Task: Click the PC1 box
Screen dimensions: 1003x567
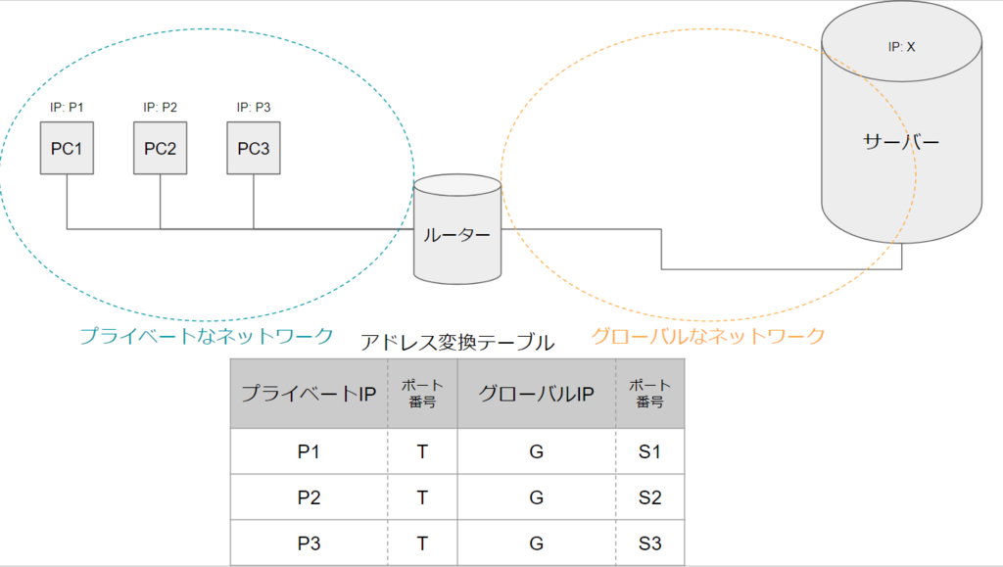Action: [x=67, y=148]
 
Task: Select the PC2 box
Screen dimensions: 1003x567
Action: [x=160, y=148]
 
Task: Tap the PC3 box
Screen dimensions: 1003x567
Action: [x=254, y=148]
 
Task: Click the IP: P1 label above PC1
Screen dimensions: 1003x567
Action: [x=67, y=107]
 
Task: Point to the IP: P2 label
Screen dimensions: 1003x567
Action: [x=160, y=107]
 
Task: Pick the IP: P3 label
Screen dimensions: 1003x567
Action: [x=254, y=107]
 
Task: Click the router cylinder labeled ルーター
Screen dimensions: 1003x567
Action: [x=457, y=229]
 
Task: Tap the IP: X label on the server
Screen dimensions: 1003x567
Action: [x=901, y=47]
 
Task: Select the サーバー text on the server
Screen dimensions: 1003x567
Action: [x=901, y=141]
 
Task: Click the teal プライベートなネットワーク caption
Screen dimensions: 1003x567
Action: [x=207, y=336]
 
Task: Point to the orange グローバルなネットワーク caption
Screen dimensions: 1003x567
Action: [x=707, y=336]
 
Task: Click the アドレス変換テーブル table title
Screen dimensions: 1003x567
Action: [x=457, y=343]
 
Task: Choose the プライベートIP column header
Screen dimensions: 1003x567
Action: [x=309, y=393]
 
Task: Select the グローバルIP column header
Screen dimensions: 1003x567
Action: [x=537, y=393]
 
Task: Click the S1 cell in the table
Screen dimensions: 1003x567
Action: [x=650, y=451]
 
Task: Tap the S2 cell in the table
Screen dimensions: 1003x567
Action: [x=650, y=497]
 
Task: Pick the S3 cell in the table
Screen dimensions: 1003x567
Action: [x=650, y=543]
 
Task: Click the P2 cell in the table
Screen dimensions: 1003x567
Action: [x=309, y=497]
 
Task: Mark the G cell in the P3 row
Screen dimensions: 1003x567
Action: [x=537, y=543]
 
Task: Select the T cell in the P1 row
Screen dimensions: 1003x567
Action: [x=422, y=451]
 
